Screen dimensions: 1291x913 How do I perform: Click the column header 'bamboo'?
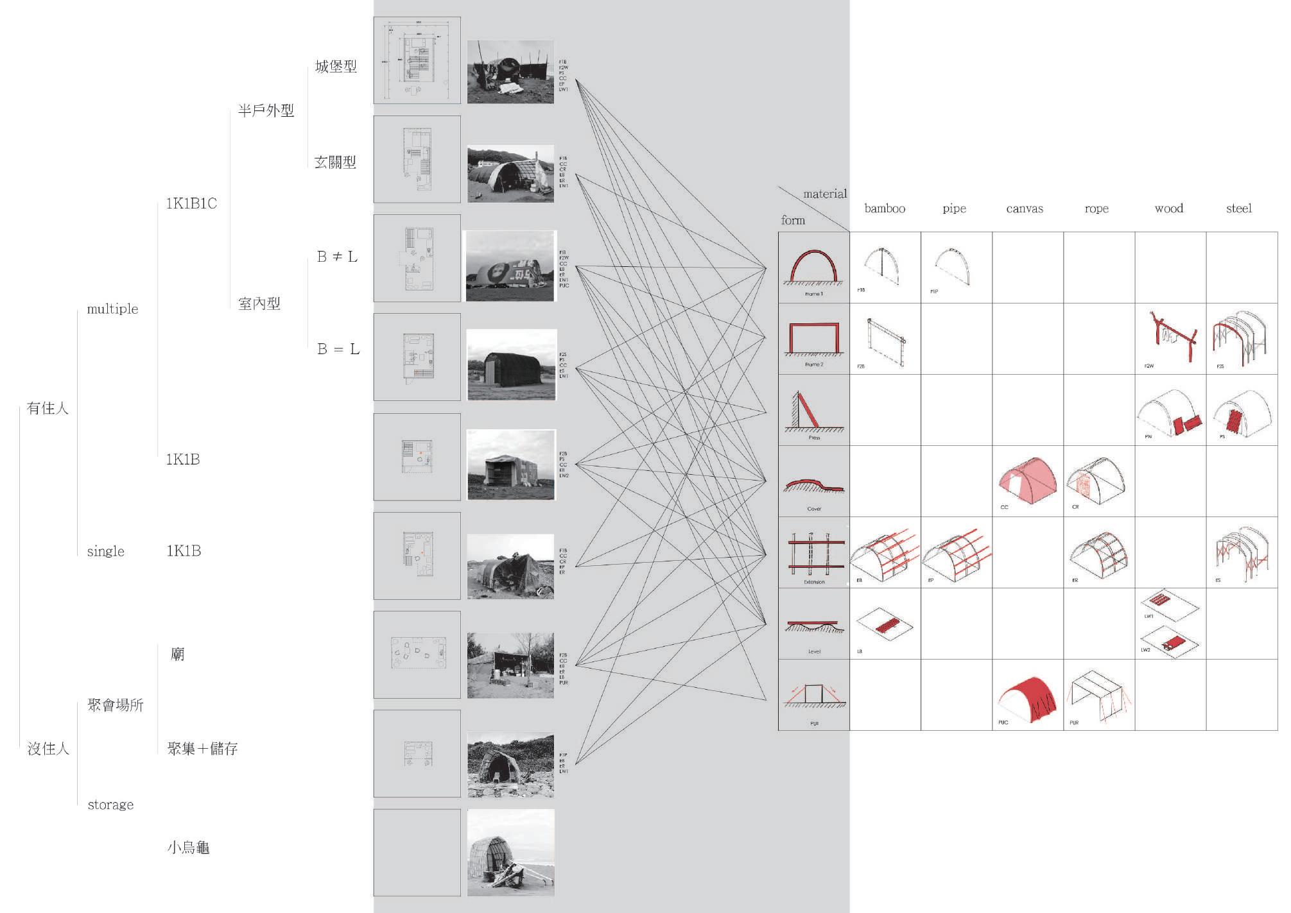pos(884,209)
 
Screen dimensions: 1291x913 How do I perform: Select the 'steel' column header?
pos(1238,209)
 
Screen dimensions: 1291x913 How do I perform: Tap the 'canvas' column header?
pos(1024,209)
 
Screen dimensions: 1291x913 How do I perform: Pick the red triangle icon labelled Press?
pos(813,411)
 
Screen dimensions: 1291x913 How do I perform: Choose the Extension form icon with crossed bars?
pos(813,552)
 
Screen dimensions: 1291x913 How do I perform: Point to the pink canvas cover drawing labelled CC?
pos(1027,481)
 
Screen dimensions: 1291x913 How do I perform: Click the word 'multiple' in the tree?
pos(112,309)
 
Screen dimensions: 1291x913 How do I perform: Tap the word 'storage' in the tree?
pos(110,805)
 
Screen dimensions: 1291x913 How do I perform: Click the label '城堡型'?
pos(336,67)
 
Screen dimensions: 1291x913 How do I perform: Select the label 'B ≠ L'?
pos(337,257)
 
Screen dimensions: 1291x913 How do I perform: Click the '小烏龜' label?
pos(188,848)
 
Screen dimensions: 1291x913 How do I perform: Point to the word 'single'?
pos(105,551)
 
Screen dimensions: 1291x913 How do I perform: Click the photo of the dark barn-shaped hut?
pos(511,364)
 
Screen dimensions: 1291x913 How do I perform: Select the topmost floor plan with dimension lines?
pos(417,60)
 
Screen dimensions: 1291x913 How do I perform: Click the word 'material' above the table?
pos(825,194)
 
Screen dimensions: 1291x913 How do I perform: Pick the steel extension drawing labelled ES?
pos(1241,552)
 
